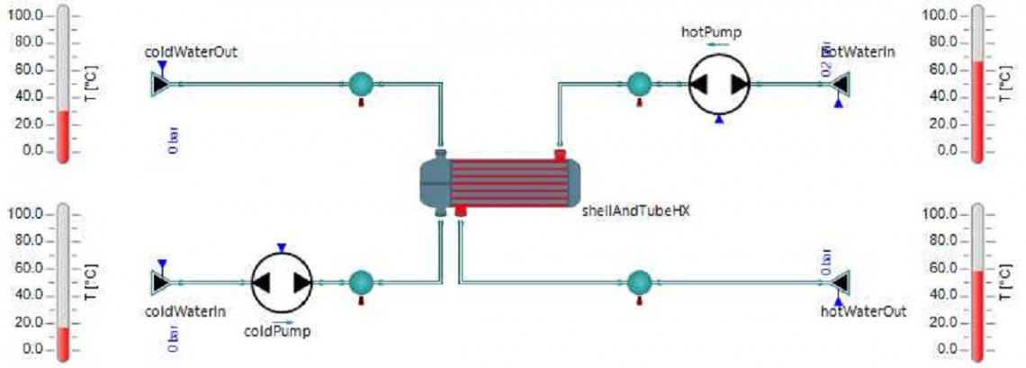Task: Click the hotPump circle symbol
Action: tap(719, 84)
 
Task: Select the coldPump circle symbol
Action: tap(281, 282)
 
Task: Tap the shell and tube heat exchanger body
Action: tap(500, 183)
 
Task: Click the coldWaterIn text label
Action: tap(185, 311)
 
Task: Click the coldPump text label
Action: tap(277, 330)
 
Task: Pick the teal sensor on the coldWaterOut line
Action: tap(361, 84)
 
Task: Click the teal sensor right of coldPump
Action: tap(361, 282)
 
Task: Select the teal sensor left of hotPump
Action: tap(639, 84)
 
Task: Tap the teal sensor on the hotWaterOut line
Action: tap(639, 282)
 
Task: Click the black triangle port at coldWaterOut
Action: tap(160, 84)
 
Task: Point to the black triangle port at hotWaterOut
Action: tap(841, 282)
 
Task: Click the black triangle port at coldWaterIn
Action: tap(160, 282)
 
